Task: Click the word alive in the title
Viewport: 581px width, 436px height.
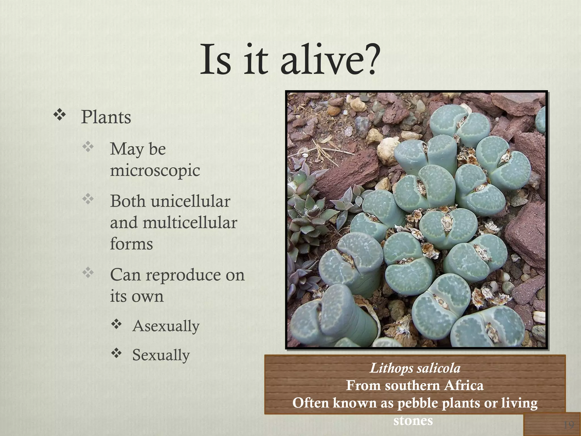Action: coord(319,60)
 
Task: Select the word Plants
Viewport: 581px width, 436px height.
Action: coord(106,117)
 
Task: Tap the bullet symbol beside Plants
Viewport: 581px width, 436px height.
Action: coord(60,115)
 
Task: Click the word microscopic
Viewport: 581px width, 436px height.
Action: coord(155,171)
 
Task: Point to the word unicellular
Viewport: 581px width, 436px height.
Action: coord(190,201)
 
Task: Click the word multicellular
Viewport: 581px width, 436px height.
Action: coord(190,223)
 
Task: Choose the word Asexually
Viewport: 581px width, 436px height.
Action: coord(166,326)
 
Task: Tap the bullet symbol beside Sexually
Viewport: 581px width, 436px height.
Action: coord(116,353)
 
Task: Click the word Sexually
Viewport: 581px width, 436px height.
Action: coord(161,355)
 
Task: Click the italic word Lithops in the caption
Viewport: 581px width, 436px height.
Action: coord(391,368)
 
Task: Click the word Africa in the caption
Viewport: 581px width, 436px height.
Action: coord(464,385)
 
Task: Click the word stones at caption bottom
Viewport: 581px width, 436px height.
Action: coord(413,420)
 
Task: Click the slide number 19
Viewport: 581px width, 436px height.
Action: coord(568,425)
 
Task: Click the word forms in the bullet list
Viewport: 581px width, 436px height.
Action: coord(131,244)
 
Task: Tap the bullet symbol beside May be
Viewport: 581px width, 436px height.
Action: coord(88,147)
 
